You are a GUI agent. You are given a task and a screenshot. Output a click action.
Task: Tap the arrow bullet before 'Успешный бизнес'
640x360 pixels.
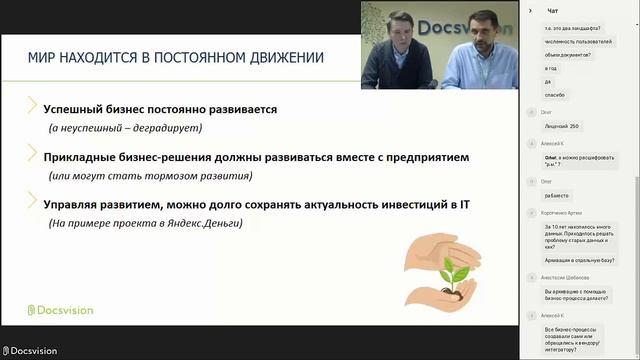point(32,107)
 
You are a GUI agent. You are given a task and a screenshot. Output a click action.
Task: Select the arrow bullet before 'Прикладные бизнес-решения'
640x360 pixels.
point(32,156)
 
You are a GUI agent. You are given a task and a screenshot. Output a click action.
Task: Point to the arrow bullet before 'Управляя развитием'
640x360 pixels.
point(32,204)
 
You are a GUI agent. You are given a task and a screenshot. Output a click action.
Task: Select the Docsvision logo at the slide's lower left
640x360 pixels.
point(60,310)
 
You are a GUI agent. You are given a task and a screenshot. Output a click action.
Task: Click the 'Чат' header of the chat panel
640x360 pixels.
point(551,10)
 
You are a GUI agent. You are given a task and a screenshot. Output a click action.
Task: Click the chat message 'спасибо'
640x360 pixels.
point(554,94)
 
